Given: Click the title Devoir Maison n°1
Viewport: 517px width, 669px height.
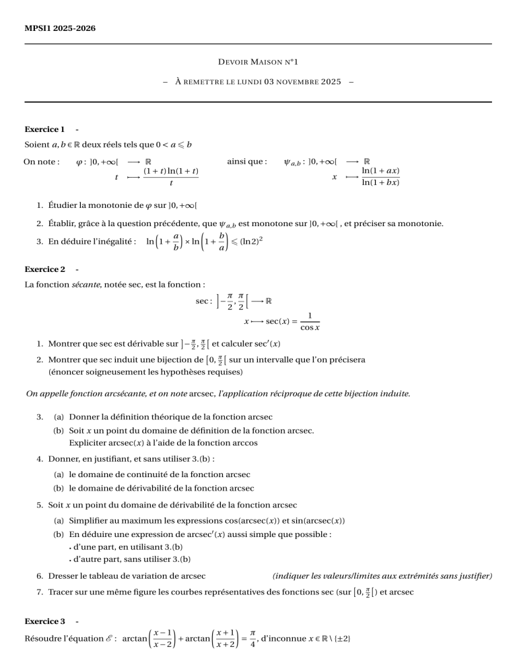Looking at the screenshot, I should click(258, 62).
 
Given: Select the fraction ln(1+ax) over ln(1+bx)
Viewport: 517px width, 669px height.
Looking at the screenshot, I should click(380, 177).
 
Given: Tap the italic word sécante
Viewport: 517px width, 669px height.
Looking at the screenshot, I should click(85, 285).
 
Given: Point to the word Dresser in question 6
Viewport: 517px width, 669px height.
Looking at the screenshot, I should click(63, 575).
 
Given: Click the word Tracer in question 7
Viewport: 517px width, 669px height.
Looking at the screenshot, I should click(61, 592).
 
